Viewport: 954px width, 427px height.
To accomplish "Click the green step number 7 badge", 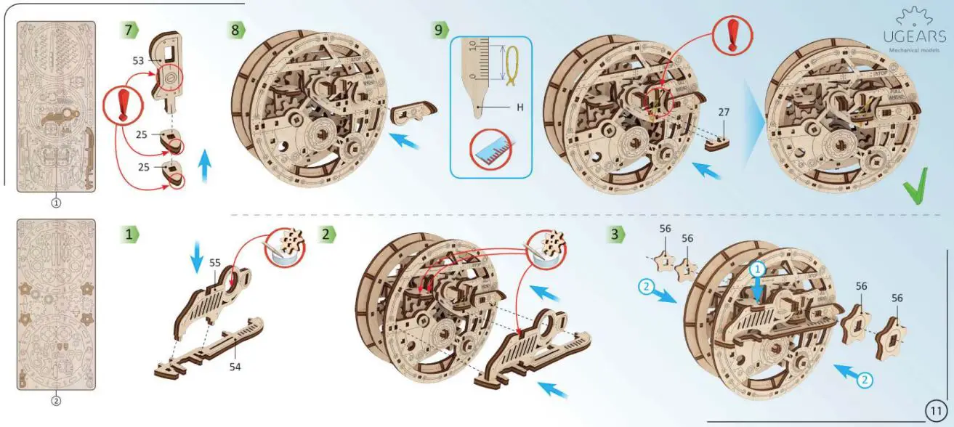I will click(x=129, y=30).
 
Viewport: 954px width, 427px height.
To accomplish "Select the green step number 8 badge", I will click(x=237, y=30).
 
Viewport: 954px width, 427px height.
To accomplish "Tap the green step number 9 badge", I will click(x=440, y=30).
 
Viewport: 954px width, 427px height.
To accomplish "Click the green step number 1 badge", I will click(x=129, y=234).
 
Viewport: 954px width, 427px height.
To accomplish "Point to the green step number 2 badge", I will click(x=328, y=234).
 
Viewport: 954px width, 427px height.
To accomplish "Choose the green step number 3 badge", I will click(x=617, y=234).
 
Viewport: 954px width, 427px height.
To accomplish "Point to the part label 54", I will click(x=235, y=367).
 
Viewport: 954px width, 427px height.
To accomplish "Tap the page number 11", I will click(x=936, y=411).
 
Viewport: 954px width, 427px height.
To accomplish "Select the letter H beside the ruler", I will click(x=520, y=107).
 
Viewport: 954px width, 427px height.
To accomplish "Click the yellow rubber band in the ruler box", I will click(x=512, y=64).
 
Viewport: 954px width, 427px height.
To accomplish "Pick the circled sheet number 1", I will click(x=56, y=203).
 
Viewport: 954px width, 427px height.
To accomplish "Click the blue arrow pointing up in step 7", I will click(x=205, y=166).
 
